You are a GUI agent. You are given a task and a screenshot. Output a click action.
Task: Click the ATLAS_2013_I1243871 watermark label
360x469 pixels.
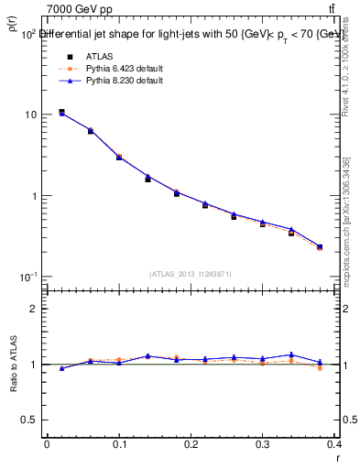[x=190, y=274]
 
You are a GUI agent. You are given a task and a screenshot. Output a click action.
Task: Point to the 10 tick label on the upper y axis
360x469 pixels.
[x=31, y=115]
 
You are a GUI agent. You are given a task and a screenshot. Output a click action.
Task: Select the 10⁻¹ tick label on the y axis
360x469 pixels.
[x=28, y=277]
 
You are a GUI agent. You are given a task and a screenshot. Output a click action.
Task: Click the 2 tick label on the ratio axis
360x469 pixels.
[x=34, y=309]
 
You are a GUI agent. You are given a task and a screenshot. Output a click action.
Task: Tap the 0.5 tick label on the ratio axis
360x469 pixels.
[x=30, y=420]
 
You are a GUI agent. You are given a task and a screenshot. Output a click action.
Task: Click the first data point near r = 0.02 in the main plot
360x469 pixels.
[x=61, y=112]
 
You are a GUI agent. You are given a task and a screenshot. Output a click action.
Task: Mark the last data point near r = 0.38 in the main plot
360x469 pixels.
[x=320, y=247]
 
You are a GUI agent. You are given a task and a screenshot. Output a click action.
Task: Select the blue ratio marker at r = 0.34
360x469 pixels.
[x=291, y=354]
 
